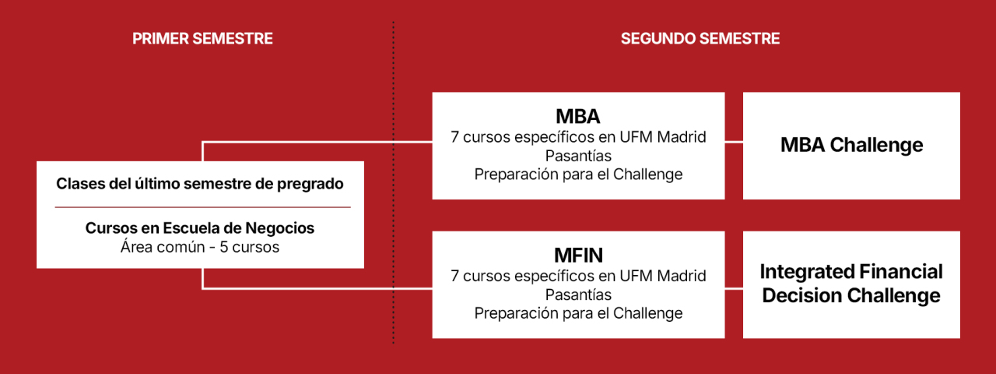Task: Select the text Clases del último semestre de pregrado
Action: coord(200,184)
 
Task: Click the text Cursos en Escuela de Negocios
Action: coord(200,228)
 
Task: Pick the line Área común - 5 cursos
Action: coord(200,248)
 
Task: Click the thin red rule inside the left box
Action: coord(202,207)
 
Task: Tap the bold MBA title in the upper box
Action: coord(577,117)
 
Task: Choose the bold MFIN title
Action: coord(577,256)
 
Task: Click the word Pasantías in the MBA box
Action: coord(578,156)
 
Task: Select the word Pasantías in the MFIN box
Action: coord(578,295)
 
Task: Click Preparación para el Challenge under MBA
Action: coord(578,175)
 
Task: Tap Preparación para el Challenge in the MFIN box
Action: coord(578,313)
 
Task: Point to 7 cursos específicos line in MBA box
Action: coord(578,137)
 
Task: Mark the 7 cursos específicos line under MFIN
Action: coord(578,276)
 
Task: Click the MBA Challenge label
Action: coord(851,145)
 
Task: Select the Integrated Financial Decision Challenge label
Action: coord(851,284)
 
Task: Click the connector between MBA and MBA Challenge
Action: coord(734,143)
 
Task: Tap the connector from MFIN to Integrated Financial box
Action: coord(734,288)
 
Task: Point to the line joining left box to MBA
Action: coord(311,143)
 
